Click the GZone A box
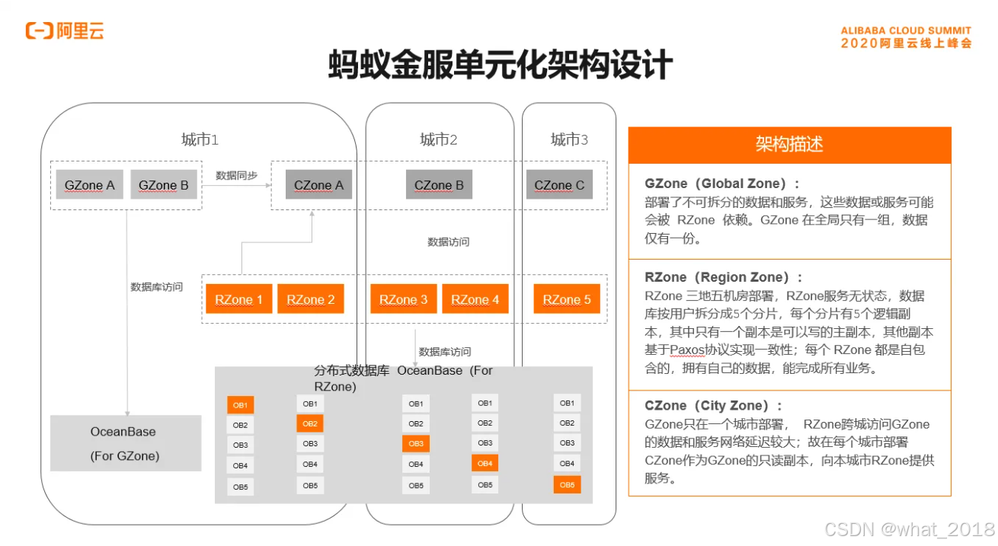89,185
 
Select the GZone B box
163,185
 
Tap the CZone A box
318,185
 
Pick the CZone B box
439,185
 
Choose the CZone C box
559,185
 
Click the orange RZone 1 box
238,299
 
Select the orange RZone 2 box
310,299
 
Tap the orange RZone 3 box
403,299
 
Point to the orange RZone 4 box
475,299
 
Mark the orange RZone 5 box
566,299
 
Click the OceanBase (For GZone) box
126,443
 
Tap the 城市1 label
200,139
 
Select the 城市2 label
439,139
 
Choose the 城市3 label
569,139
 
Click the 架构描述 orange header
789,145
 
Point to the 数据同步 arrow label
236,175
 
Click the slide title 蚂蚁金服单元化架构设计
500,65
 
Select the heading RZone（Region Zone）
723,277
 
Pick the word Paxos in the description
689,350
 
